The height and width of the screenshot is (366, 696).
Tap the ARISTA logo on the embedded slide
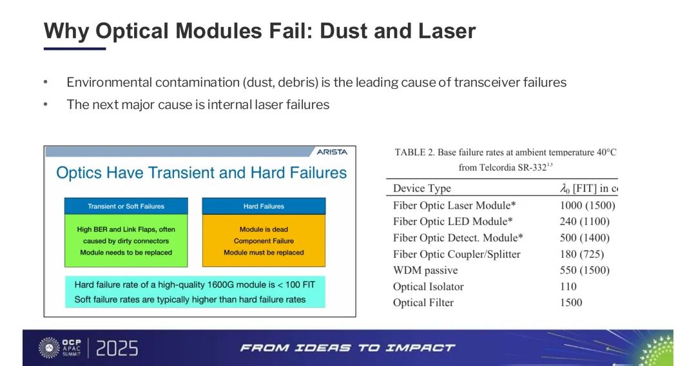[x=332, y=151]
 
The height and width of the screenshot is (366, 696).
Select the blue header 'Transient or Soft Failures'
[x=126, y=206]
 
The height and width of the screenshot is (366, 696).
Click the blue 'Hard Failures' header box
[x=264, y=206]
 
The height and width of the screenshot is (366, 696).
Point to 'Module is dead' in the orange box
[x=264, y=229]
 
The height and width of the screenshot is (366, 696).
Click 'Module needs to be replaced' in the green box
[x=126, y=253]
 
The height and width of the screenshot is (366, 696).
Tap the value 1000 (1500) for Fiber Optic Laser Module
[x=587, y=206]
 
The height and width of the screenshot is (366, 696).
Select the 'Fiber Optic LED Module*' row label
[x=453, y=222]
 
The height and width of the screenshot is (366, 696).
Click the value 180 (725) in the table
[x=582, y=255]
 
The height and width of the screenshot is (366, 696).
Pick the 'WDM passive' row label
[x=425, y=270]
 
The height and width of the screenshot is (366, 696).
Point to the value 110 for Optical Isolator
[x=568, y=287]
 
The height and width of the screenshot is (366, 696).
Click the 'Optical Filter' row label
[x=423, y=303]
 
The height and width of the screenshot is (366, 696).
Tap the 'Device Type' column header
[x=421, y=189]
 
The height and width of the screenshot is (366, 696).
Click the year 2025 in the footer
[x=117, y=348]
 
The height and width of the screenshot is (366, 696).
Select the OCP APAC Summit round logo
[x=49, y=348]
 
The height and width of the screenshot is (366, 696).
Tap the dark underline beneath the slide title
[x=75, y=48]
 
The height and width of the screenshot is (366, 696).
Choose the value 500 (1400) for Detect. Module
[x=585, y=238]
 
